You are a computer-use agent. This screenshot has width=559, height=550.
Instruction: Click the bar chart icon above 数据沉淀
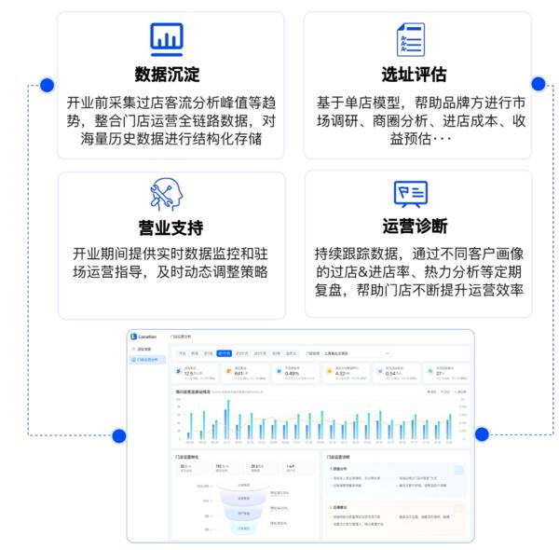click(167, 38)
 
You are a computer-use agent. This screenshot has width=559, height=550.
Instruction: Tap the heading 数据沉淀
click(168, 74)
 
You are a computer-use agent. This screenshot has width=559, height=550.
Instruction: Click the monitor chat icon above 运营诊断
click(411, 193)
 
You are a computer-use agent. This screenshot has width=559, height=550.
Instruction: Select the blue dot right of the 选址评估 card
click(539, 82)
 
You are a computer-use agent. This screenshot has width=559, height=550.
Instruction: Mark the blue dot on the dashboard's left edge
click(118, 434)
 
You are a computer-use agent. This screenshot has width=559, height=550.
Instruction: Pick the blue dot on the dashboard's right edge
click(482, 433)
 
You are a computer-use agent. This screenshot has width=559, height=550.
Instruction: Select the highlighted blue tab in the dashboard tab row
click(224, 353)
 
